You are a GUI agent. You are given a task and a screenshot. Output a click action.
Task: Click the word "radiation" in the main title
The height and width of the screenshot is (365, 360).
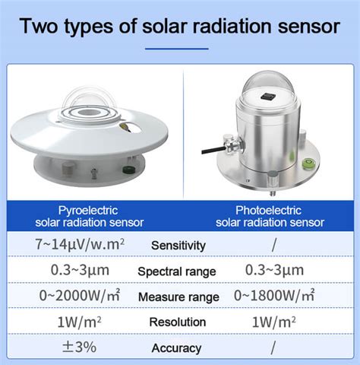pos(232,26)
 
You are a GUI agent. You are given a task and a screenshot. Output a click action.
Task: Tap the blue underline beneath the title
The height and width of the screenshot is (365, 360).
pos(177,49)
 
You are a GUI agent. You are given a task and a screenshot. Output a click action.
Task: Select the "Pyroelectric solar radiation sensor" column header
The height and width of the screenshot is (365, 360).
pos(90,217)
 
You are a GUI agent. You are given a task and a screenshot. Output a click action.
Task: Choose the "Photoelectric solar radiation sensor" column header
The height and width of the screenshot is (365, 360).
pos(270,217)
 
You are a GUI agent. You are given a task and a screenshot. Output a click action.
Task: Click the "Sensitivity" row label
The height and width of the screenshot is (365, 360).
pos(178,246)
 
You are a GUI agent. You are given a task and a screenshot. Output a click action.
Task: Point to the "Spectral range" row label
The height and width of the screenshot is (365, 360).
pos(177,271)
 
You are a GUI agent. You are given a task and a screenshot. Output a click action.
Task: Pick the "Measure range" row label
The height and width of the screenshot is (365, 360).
pos(178,297)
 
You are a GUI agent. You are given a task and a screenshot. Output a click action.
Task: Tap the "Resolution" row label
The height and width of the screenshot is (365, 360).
pos(178,322)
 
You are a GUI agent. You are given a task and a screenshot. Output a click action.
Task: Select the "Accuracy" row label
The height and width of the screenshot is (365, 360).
pos(176,348)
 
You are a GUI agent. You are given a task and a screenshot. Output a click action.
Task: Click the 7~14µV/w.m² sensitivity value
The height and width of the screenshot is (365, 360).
pos(80,244)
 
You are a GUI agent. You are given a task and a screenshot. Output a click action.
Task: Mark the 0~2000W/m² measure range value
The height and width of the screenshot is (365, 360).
pos(80,295)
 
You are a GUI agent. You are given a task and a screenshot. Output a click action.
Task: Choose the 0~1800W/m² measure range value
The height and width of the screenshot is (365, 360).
pos(274,295)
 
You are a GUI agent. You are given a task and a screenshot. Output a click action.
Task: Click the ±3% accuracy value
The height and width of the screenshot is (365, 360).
pos(79,347)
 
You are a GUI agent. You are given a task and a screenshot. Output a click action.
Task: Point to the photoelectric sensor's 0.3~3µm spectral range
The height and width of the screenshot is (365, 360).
pos(274,270)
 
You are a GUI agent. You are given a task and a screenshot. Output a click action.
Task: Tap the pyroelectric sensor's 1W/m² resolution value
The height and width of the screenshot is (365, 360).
pos(79,322)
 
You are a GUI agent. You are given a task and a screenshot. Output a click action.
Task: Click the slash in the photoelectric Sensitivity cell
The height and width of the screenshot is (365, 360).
pos(274,246)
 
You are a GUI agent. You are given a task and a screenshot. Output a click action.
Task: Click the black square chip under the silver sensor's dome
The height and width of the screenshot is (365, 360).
pos(267,97)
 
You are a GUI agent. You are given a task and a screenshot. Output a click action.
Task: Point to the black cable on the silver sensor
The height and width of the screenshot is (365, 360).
pos(213,150)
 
